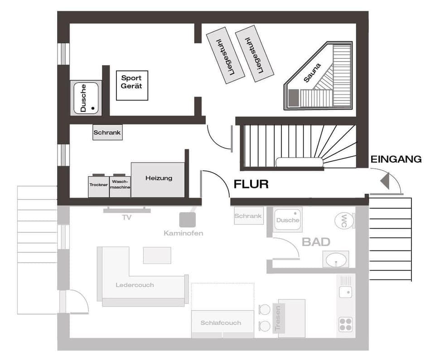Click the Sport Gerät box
click(132, 85)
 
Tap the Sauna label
click(312, 72)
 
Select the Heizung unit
click(158, 179)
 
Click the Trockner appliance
click(98, 186)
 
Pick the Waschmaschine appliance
click(120, 186)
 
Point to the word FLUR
click(251, 184)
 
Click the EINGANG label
click(396, 159)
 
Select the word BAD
click(316, 242)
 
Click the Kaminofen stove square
click(188, 220)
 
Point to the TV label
click(126, 218)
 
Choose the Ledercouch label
click(135, 285)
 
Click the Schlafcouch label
click(221, 323)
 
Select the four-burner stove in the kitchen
click(346, 324)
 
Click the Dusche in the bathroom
click(288, 220)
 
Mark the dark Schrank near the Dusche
click(107, 133)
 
